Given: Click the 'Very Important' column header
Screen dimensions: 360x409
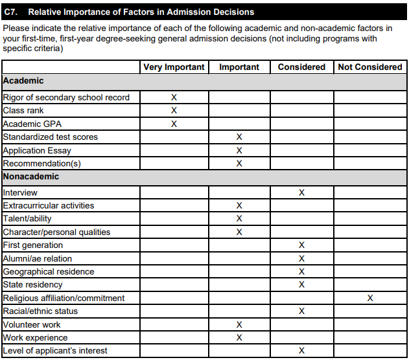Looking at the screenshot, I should click(174, 67).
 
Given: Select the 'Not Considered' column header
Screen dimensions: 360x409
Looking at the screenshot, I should click(370, 67).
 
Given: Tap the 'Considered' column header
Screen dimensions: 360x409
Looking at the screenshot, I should click(301, 67).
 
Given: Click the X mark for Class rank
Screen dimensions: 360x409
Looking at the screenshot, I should click(174, 111).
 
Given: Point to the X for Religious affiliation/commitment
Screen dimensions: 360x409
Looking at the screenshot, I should click(370, 298).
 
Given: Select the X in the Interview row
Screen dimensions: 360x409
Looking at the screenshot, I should click(301, 193).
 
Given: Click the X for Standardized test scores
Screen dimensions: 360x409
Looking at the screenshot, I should click(239, 137).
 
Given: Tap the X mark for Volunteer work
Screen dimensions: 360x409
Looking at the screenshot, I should click(239, 325).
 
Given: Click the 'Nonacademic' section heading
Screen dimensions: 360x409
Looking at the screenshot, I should click(31, 177).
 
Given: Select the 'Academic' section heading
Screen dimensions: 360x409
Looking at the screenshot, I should click(23, 81).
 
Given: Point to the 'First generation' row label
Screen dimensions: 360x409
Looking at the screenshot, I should click(33, 245).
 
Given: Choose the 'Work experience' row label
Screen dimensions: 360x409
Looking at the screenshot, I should click(35, 338).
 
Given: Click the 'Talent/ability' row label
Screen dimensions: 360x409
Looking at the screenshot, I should click(27, 219).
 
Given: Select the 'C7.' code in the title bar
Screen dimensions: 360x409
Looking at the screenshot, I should click(12, 12).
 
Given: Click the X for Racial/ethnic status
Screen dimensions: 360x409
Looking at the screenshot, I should click(301, 311).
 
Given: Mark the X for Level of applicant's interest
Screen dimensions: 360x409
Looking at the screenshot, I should click(301, 351).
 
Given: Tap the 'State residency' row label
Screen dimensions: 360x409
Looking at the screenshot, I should click(33, 285).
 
